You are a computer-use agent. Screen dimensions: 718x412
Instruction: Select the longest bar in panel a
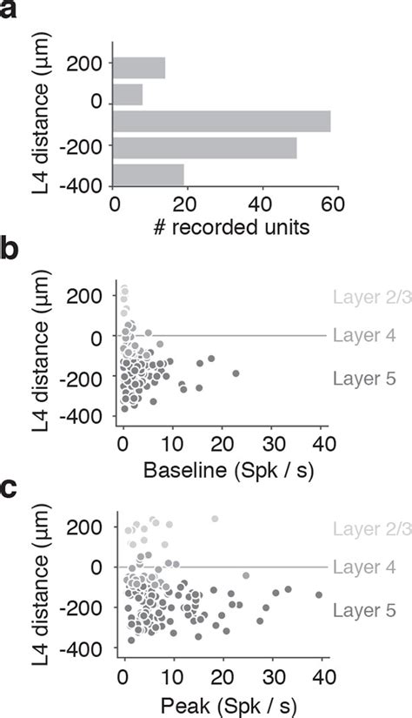tap(222, 121)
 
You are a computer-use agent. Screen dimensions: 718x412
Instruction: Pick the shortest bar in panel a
tap(128, 94)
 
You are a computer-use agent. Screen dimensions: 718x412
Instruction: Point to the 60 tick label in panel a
tap(333, 205)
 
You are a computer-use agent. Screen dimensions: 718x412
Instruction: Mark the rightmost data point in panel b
tap(236, 373)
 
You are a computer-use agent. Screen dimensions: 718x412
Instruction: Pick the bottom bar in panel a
tap(149, 174)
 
